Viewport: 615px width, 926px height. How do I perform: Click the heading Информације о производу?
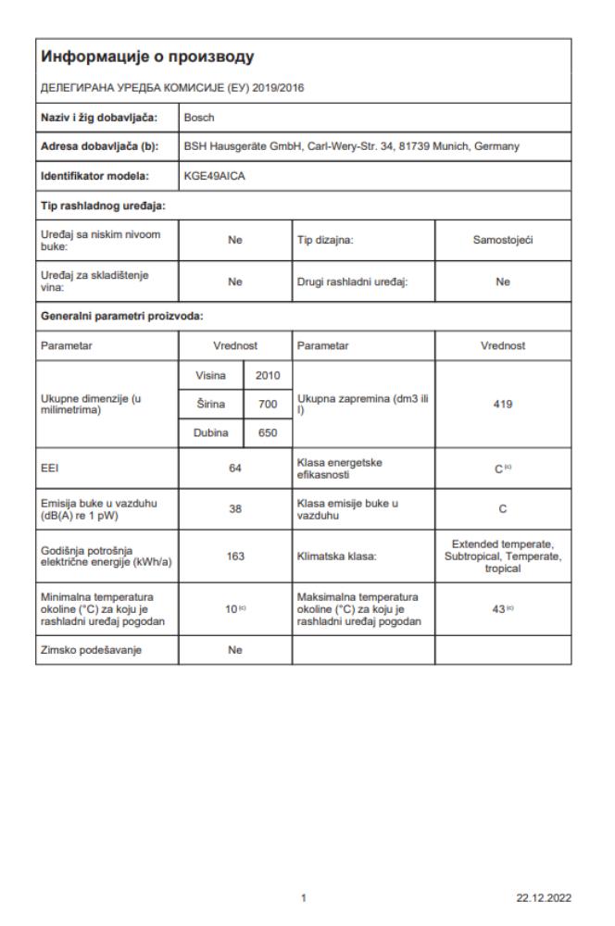[148, 58]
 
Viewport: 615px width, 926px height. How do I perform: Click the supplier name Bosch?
[200, 118]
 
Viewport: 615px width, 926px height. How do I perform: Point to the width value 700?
[268, 405]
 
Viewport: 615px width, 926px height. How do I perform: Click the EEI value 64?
[235, 469]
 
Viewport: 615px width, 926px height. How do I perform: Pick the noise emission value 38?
[235, 507]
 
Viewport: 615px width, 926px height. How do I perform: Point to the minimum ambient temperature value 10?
[232, 610]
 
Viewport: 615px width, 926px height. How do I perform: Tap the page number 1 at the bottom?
[305, 896]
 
